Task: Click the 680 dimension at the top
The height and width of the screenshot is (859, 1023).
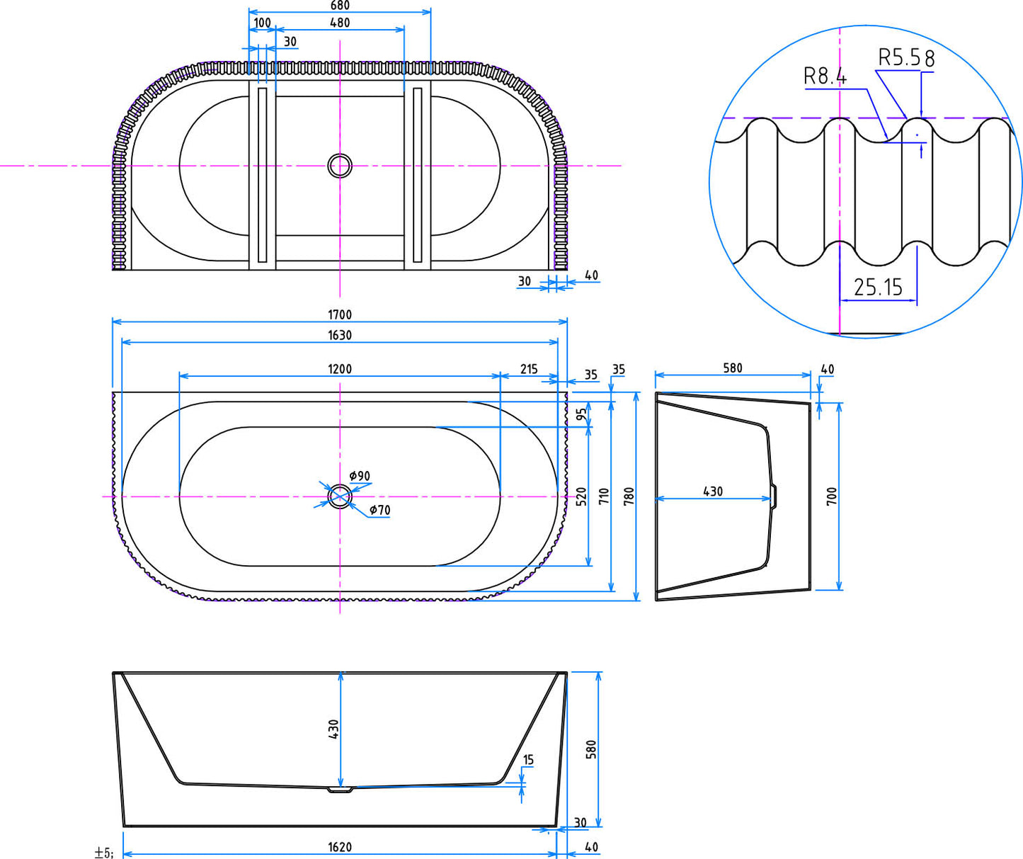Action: click(340, 6)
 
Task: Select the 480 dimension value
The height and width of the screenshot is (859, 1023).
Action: click(340, 23)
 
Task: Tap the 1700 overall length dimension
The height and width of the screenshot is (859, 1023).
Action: click(340, 314)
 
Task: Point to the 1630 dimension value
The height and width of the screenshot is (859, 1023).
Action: click(340, 335)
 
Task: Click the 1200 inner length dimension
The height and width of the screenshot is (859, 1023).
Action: click(340, 369)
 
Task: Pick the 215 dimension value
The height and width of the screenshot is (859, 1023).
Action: click(529, 369)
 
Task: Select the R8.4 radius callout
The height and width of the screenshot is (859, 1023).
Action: click(825, 76)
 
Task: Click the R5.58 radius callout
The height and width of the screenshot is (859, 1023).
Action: click(906, 58)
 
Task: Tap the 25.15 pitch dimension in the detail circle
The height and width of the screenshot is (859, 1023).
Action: click(878, 288)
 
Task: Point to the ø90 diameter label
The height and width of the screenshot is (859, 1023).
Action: click(360, 476)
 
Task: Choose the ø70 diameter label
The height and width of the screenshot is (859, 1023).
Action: click(380, 510)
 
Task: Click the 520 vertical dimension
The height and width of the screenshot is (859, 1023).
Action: click(581, 496)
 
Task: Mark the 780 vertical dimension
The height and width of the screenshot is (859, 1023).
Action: click(629, 496)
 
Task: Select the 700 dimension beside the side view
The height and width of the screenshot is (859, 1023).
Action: click(832, 496)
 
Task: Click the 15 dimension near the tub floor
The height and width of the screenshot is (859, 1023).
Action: click(528, 760)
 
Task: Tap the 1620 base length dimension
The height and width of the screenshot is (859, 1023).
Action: click(340, 847)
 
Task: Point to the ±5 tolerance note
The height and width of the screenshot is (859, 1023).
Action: click(103, 853)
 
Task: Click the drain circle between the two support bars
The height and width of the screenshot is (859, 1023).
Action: click(340, 166)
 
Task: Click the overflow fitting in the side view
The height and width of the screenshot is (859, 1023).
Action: click(774, 496)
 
